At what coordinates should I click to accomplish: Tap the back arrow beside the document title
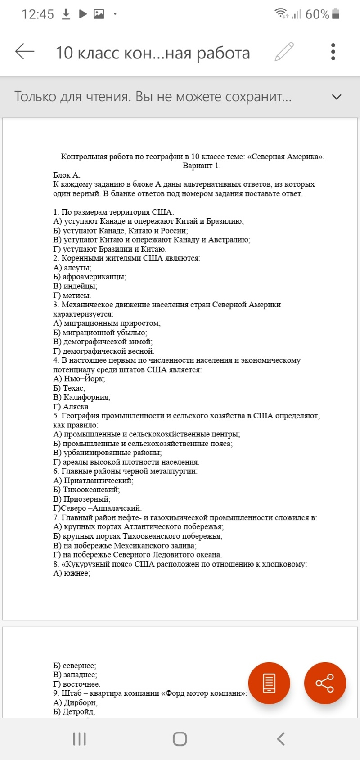click(x=25, y=52)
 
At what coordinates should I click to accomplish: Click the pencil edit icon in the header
click(x=284, y=52)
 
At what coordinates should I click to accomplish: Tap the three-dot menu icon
click(x=333, y=52)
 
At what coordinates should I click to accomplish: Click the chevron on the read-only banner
click(x=336, y=97)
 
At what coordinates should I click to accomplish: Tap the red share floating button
click(x=325, y=683)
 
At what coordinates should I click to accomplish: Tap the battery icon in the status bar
click(x=335, y=14)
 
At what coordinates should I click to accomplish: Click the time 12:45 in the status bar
click(x=37, y=14)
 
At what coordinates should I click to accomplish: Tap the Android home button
click(x=180, y=738)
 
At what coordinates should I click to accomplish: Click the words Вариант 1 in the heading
click(x=202, y=166)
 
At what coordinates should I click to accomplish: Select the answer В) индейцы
click(x=75, y=286)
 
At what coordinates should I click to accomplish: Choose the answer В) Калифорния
click(x=81, y=397)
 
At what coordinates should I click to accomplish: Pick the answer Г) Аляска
click(x=72, y=407)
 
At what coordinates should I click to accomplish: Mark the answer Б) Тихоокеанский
click(x=86, y=490)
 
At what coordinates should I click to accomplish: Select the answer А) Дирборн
click(x=75, y=702)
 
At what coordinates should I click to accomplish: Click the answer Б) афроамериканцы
click(x=90, y=277)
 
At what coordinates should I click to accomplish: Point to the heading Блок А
click(x=67, y=175)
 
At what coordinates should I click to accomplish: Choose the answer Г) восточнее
click(x=76, y=684)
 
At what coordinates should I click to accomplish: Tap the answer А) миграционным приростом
click(x=107, y=323)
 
